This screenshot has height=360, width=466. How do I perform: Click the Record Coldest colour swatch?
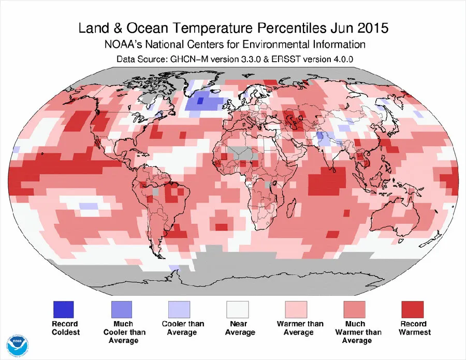64,310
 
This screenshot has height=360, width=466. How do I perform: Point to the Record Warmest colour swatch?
413,310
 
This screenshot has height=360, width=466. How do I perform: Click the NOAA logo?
18,344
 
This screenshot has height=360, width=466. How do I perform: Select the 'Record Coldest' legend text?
64,328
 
